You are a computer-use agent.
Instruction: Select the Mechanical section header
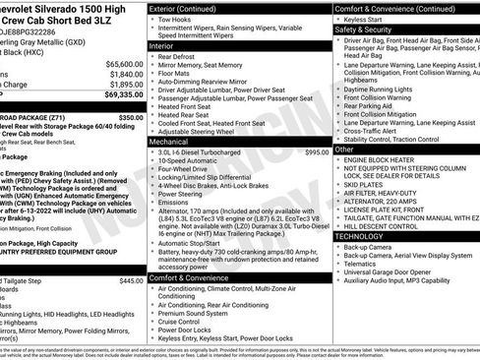click(176, 142)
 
